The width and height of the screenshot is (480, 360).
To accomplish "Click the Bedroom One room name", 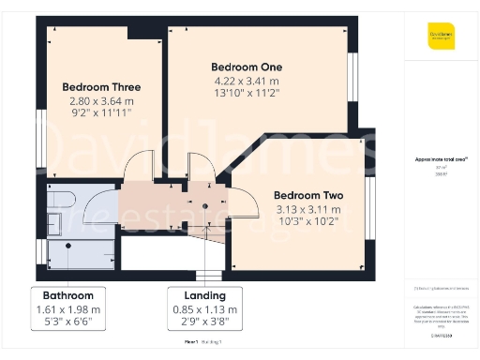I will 245,67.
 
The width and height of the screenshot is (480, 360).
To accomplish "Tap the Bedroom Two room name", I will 307,195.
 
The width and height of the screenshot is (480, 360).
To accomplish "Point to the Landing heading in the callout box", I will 203,293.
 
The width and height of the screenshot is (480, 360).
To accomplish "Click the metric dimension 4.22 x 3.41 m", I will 245,82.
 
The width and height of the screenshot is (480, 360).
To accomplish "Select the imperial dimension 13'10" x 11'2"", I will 245,95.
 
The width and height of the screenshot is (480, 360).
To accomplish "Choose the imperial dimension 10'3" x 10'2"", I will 307,221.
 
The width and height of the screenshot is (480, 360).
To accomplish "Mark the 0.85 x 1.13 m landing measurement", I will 203,308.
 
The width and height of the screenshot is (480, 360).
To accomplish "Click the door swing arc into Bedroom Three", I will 139,163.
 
